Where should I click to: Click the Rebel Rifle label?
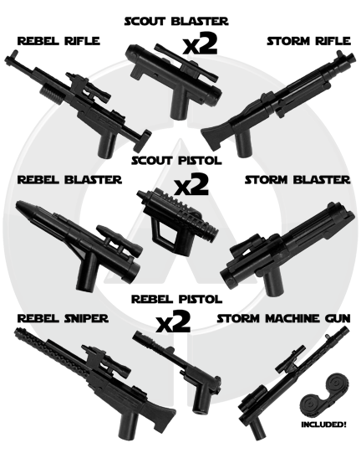[x=58, y=41]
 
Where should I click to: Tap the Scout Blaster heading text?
[x=176, y=21]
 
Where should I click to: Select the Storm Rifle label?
[x=308, y=41]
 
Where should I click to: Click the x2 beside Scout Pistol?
[x=191, y=184]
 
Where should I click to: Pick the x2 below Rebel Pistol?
[x=173, y=322]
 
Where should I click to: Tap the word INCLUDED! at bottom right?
[x=323, y=425]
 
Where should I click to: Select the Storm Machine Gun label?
[x=283, y=318]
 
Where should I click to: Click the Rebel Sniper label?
[x=63, y=318]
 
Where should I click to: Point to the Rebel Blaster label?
[x=69, y=180]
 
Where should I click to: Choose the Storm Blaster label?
[x=297, y=180]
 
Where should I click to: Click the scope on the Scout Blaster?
[x=186, y=63]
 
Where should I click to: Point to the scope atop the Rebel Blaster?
[x=119, y=239]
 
